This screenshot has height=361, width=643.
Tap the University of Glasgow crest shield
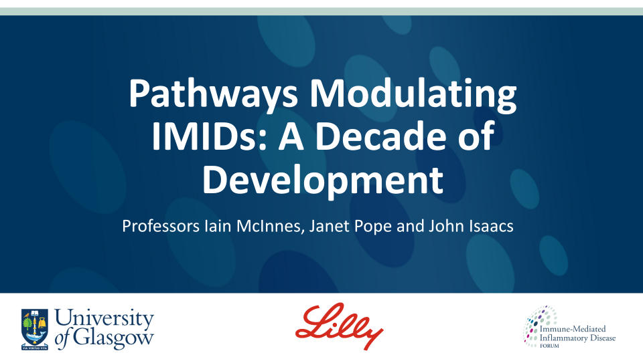pos(33,328)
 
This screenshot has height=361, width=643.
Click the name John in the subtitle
pos(443,227)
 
